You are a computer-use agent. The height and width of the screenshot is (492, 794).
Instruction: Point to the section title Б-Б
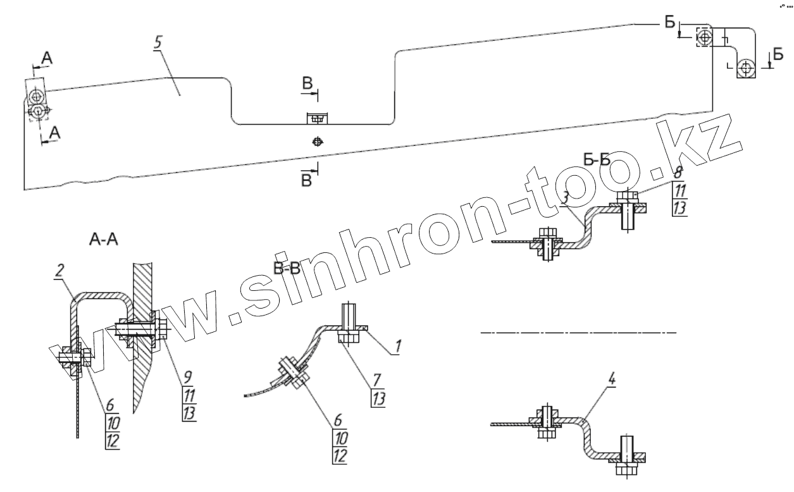click(x=597, y=160)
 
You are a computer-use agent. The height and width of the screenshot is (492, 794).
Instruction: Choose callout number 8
click(x=677, y=172)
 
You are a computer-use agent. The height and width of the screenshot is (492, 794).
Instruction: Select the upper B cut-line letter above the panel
click(x=306, y=83)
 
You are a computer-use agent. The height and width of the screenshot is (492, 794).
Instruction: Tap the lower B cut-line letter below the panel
click(x=306, y=181)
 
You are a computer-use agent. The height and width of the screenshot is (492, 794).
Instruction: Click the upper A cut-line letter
click(x=47, y=58)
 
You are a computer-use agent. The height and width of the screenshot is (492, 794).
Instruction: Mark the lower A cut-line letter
click(x=56, y=132)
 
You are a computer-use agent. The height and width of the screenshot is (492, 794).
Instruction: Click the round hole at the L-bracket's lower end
click(x=747, y=66)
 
